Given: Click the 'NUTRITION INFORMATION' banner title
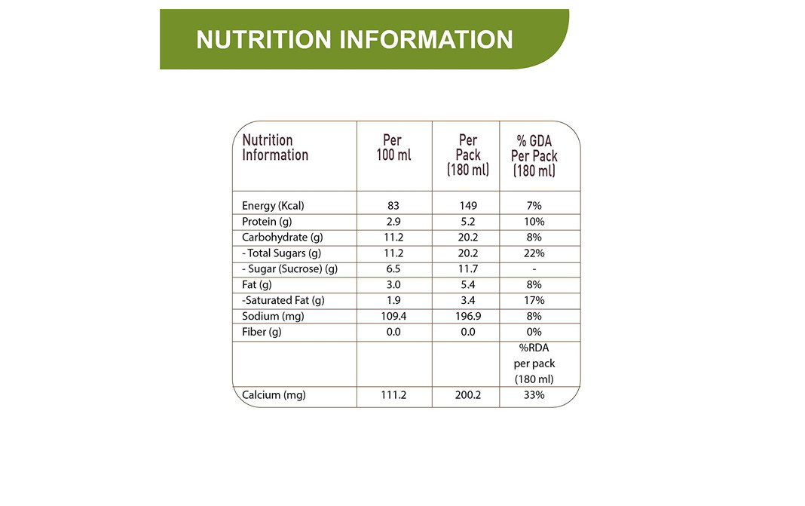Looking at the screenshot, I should [354, 39].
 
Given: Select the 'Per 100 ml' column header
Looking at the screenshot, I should [393, 148].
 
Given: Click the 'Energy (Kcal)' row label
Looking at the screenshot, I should [273, 206].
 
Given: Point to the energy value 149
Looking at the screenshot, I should [468, 206].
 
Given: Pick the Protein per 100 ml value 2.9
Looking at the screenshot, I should [393, 222].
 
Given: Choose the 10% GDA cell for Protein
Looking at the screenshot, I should [534, 222].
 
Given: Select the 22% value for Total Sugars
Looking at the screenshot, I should [534, 253].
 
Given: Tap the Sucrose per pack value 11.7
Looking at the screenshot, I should [468, 269].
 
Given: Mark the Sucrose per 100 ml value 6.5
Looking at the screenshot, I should [393, 269].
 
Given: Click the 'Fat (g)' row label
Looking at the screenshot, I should [256, 285].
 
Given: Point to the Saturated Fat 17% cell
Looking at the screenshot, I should [534, 301].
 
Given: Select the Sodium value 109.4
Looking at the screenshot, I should [393, 317].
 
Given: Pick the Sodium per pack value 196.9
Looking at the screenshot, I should [468, 317].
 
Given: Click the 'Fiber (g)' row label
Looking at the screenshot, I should [262, 333].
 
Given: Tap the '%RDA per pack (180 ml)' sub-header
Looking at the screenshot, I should [534, 363].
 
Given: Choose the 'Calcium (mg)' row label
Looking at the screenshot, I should [274, 395].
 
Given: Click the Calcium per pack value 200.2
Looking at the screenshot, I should [468, 395].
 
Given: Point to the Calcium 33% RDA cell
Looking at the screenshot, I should [534, 395].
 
